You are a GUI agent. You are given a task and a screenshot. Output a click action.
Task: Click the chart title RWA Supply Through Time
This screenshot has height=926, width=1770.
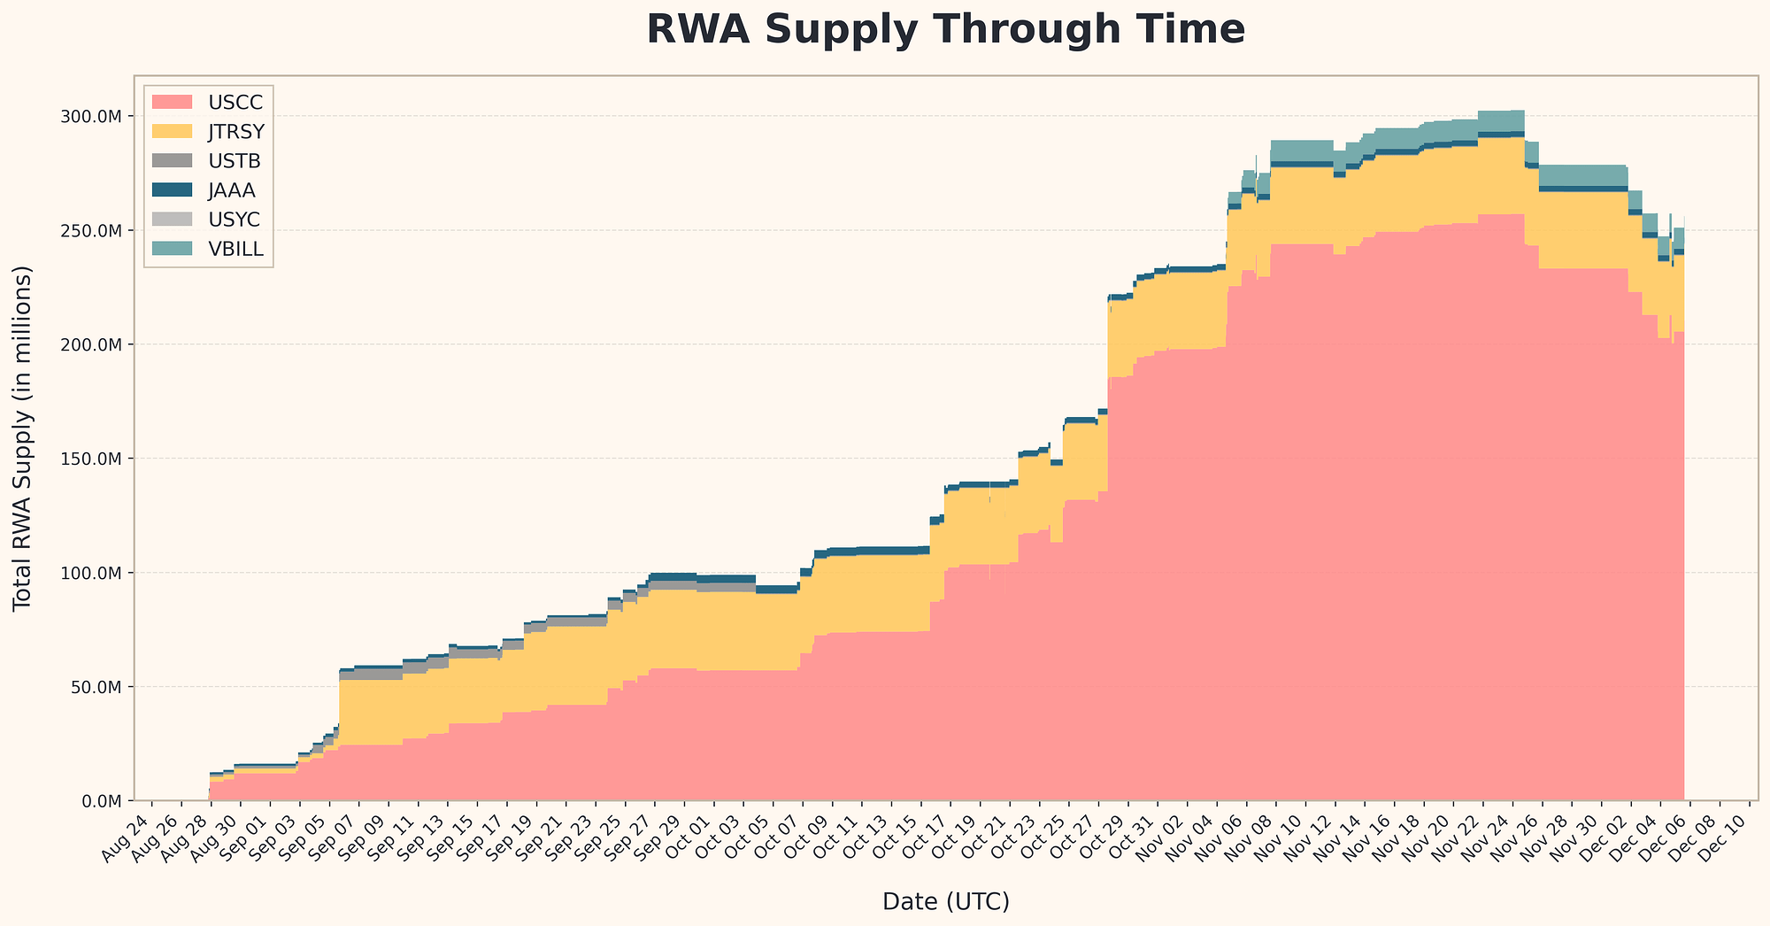coord(945,30)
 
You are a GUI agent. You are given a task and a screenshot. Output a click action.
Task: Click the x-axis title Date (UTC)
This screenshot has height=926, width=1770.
coord(945,902)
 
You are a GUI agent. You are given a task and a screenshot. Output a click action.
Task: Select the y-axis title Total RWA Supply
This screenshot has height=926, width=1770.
coord(24,437)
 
